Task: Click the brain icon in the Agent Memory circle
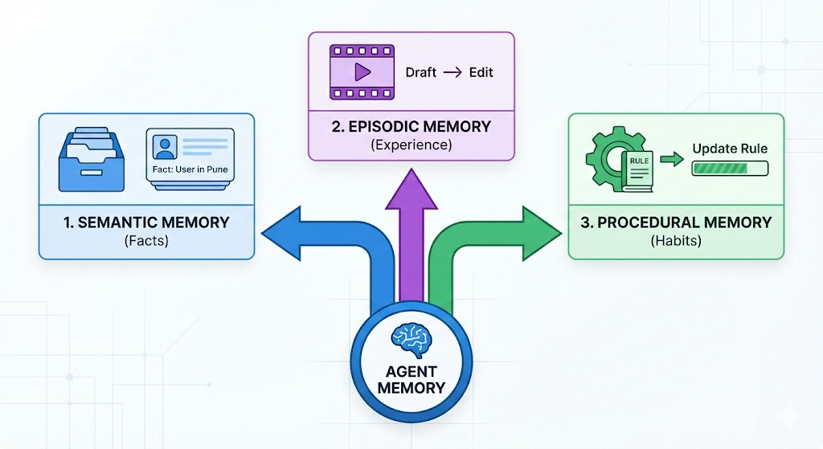[x=411, y=339]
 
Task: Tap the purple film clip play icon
[x=362, y=72]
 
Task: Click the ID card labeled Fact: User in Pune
[x=190, y=158]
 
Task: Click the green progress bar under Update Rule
[x=730, y=168]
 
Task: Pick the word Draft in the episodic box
[x=420, y=72]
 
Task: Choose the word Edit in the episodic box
[x=480, y=72]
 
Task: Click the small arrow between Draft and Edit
[x=452, y=72]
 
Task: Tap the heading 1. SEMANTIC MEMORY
[x=146, y=222]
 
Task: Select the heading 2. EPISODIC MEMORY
[x=411, y=127]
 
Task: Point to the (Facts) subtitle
[x=146, y=240]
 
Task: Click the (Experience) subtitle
[x=411, y=145]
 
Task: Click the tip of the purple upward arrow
[x=411, y=171]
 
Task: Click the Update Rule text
[x=730, y=149]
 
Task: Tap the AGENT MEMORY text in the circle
[x=411, y=378]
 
